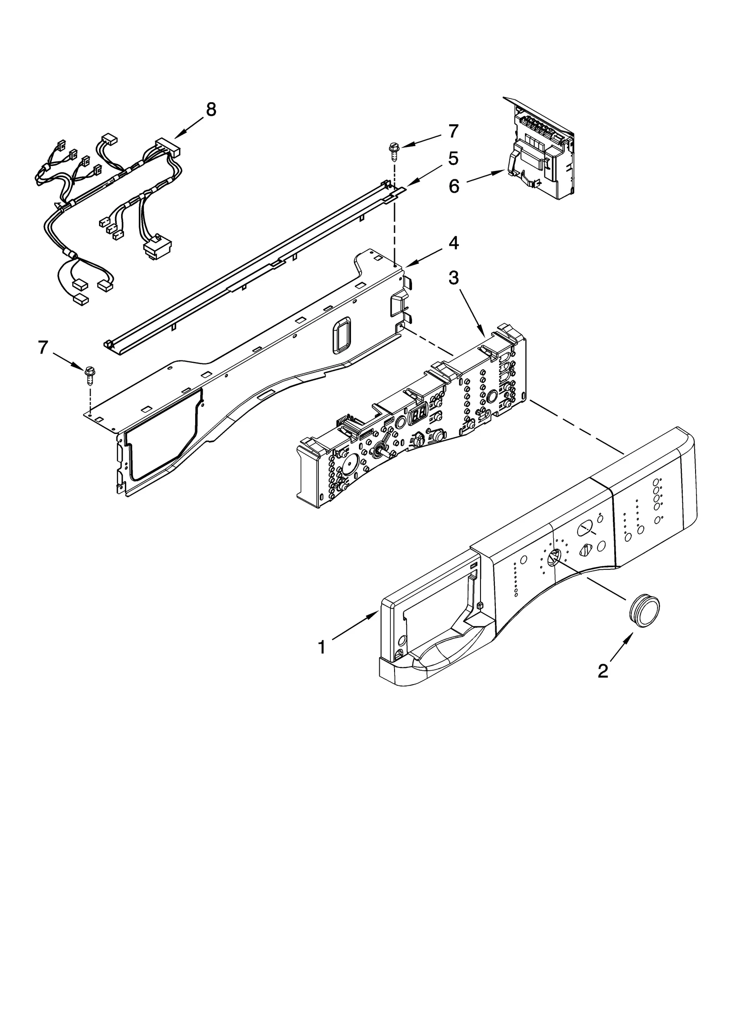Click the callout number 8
(210, 110)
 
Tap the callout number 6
(454, 187)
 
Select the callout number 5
(453, 159)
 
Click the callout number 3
(454, 278)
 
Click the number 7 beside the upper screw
(453, 131)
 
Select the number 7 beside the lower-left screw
(43, 347)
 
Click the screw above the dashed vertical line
(394, 151)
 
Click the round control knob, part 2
(644, 611)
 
